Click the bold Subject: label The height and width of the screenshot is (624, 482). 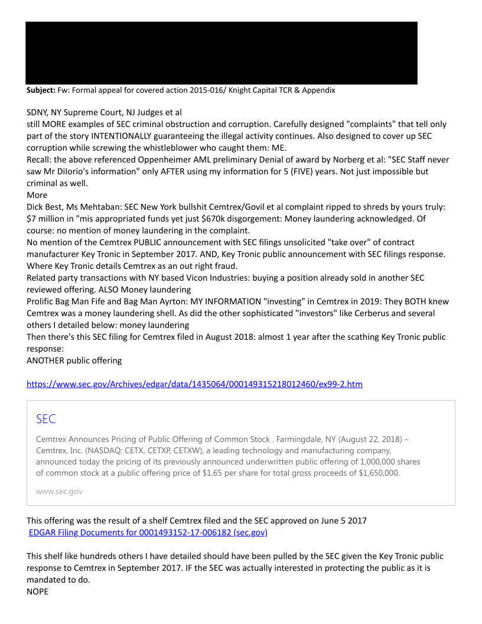pos(41,90)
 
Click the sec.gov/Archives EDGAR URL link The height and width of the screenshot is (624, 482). pos(194,384)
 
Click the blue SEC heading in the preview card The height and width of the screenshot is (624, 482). pos(45,419)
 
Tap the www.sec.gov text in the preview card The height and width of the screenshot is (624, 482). pos(59,491)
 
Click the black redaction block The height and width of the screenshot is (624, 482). pos(222,53)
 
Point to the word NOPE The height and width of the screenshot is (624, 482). pos(37,591)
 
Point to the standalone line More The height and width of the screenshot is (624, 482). pos(37,195)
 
